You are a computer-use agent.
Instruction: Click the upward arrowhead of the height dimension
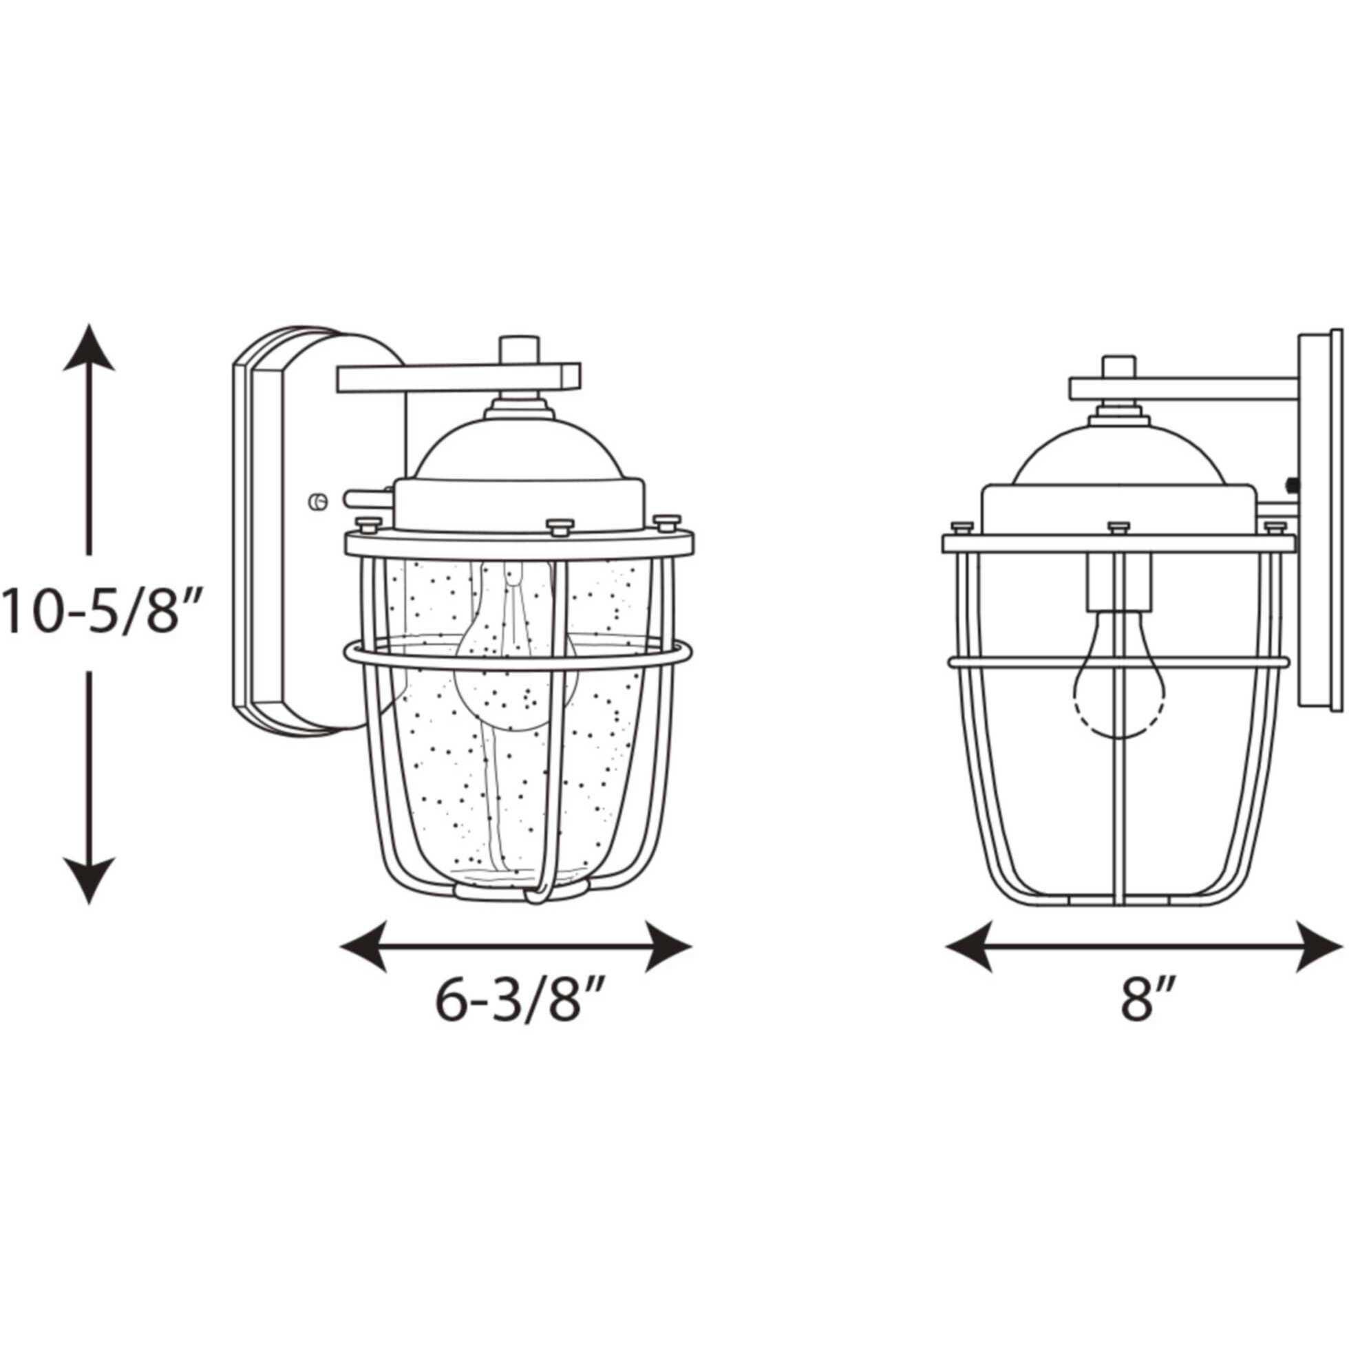89,347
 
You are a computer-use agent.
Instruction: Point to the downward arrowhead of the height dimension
89,882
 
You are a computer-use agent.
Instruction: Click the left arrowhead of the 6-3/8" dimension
363,947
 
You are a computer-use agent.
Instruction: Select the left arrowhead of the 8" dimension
969,947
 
